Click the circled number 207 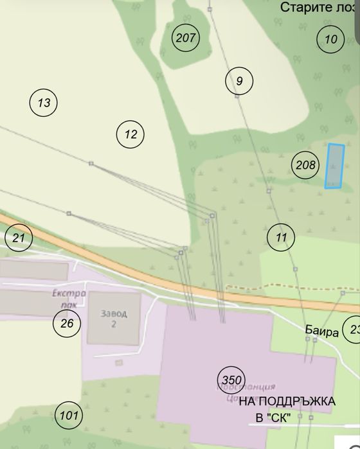185,38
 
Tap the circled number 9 239,81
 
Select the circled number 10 330,39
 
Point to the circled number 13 44,102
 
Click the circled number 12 130,134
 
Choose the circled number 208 305,165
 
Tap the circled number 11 280,238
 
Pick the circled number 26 67,323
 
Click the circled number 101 68,416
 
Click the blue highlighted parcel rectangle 334,166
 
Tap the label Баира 321,333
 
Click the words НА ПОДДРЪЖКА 287,402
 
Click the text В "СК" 270,418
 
